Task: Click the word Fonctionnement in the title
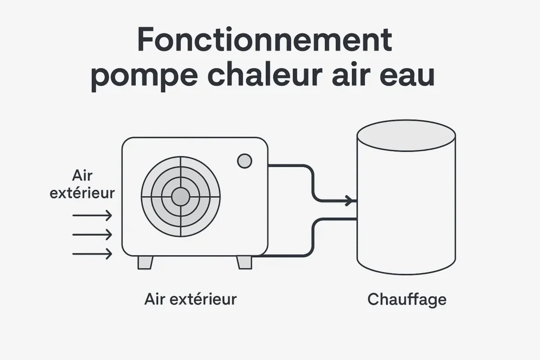coord(264,40)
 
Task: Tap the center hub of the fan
coord(180,197)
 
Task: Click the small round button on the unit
coord(244,161)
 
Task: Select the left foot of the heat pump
coord(145,262)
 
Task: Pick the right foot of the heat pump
coord(244,262)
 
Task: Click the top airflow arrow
coord(92,215)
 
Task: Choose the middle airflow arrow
coord(92,235)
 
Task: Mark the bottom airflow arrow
coord(92,254)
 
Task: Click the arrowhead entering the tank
coord(349,201)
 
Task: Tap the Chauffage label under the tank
coord(407,299)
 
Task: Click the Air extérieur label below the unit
coord(190,299)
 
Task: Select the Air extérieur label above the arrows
coord(82,184)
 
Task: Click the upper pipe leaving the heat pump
coord(295,166)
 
